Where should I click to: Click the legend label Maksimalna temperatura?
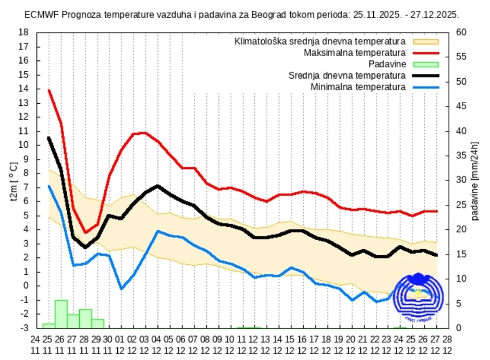tap(354, 53)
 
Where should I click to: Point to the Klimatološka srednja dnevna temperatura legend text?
tap(320, 41)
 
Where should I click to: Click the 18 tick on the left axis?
tap(23, 32)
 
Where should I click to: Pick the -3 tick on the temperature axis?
tap(23, 328)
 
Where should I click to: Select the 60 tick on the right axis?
tap(460, 32)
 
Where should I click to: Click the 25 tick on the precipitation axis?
tap(460, 205)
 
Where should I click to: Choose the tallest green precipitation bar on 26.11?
tap(61, 314)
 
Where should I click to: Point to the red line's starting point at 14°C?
tap(49, 90)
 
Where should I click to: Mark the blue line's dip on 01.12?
tap(121, 288)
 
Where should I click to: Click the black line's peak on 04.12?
tap(158, 185)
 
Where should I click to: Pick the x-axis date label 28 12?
tap(447, 344)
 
